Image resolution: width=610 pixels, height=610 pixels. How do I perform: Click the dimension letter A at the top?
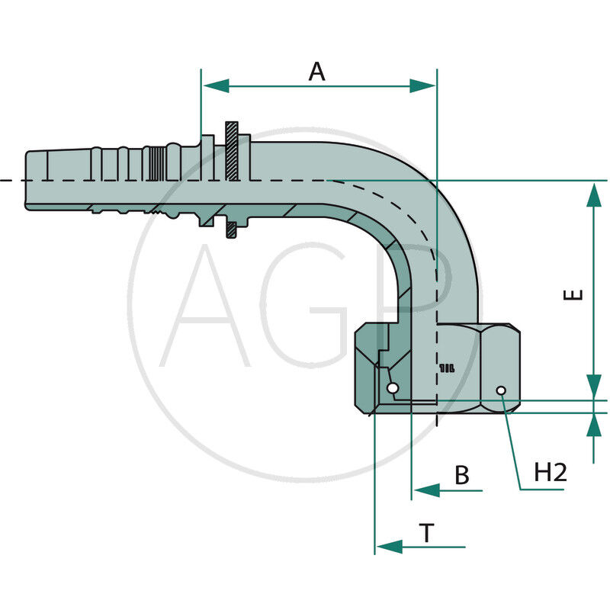pyautogui.click(x=316, y=72)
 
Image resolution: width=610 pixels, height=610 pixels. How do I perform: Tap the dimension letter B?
pyautogui.click(x=462, y=475)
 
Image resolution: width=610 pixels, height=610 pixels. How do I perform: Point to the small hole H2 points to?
pyautogui.click(x=501, y=391)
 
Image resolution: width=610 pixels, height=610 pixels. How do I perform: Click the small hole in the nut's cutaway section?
pyautogui.click(x=392, y=389)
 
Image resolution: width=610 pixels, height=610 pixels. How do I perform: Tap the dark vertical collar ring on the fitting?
pyautogui.click(x=232, y=181)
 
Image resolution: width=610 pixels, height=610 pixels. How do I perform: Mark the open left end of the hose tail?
pyautogui.click(x=27, y=181)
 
